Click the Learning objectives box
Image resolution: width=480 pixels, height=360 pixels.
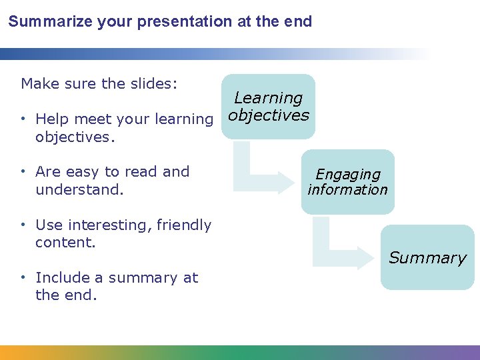(268, 107)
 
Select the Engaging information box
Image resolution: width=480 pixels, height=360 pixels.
(347, 181)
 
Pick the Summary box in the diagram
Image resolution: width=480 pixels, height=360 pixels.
(427, 257)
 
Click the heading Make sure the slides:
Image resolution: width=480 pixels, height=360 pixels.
(99, 83)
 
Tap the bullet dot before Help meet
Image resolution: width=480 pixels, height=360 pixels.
(24, 119)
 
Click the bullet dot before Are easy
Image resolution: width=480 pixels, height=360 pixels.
(24, 172)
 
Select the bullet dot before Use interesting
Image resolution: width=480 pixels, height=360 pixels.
(24, 225)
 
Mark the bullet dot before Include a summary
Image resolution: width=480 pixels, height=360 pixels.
(24, 278)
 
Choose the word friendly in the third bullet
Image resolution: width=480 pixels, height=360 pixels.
(184, 225)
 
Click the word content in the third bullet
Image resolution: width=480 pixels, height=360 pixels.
(64, 243)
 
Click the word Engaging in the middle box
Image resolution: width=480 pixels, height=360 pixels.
(347, 175)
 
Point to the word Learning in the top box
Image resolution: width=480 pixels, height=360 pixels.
(268, 98)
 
